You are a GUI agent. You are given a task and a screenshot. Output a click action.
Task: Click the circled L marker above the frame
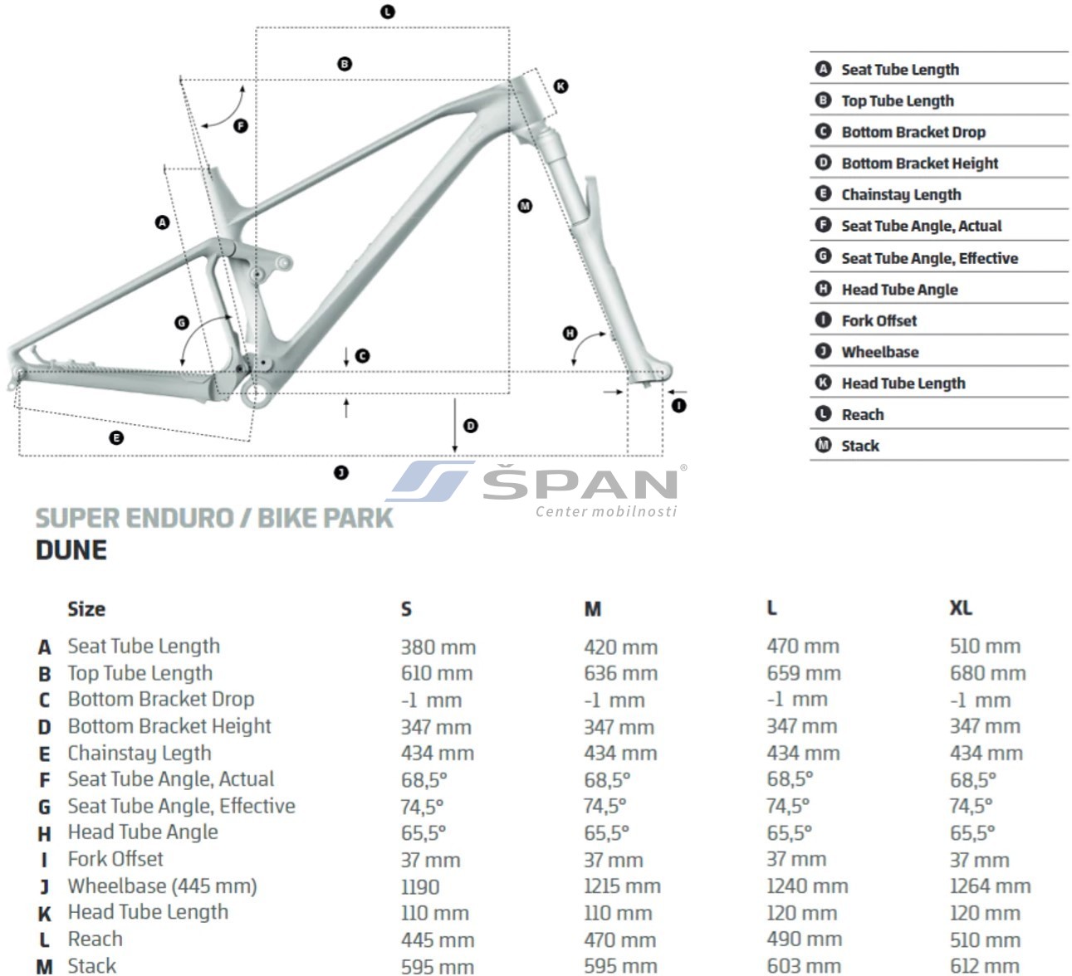pyautogui.click(x=388, y=12)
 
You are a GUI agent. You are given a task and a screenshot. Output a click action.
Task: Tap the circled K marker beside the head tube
pyautogui.click(x=560, y=86)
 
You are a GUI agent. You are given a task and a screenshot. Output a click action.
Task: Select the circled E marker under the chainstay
pyautogui.click(x=116, y=438)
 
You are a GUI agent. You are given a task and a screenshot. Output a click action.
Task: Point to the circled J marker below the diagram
pyautogui.click(x=341, y=472)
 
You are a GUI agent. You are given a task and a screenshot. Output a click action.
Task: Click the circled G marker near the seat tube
pyautogui.click(x=182, y=323)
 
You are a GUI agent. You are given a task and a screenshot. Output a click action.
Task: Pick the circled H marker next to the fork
pyautogui.click(x=570, y=334)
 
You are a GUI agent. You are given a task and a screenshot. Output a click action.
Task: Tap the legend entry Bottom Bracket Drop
pyautogui.click(x=913, y=132)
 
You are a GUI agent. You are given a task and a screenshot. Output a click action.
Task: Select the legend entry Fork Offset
pyautogui.click(x=879, y=320)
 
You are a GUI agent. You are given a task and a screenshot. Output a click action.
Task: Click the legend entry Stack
pyautogui.click(x=860, y=446)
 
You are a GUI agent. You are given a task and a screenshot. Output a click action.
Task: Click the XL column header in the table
pyautogui.click(x=961, y=608)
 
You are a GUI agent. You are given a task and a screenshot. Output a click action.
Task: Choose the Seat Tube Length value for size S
pyautogui.click(x=438, y=647)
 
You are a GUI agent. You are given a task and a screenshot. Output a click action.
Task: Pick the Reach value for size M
pyautogui.click(x=620, y=939)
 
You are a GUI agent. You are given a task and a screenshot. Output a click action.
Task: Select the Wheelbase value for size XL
pyautogui.click(x=991, y=886)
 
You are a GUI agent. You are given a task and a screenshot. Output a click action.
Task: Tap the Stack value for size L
pyautogui.click(x=804, y=966)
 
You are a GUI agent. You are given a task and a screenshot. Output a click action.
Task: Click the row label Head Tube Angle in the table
pyautogui.click(x=143, y=832)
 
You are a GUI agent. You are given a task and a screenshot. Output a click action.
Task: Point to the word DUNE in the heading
pyautogui.click(x=71, y=549)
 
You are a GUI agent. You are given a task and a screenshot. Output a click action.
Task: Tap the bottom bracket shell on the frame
pyautogui.click(x=255, y=393)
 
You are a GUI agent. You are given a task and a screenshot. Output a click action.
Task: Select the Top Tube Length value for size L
pyautogui.click(x=804, y=673)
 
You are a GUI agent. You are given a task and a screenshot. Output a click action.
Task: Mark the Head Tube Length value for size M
pyautogui.click(x=618, y=913)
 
